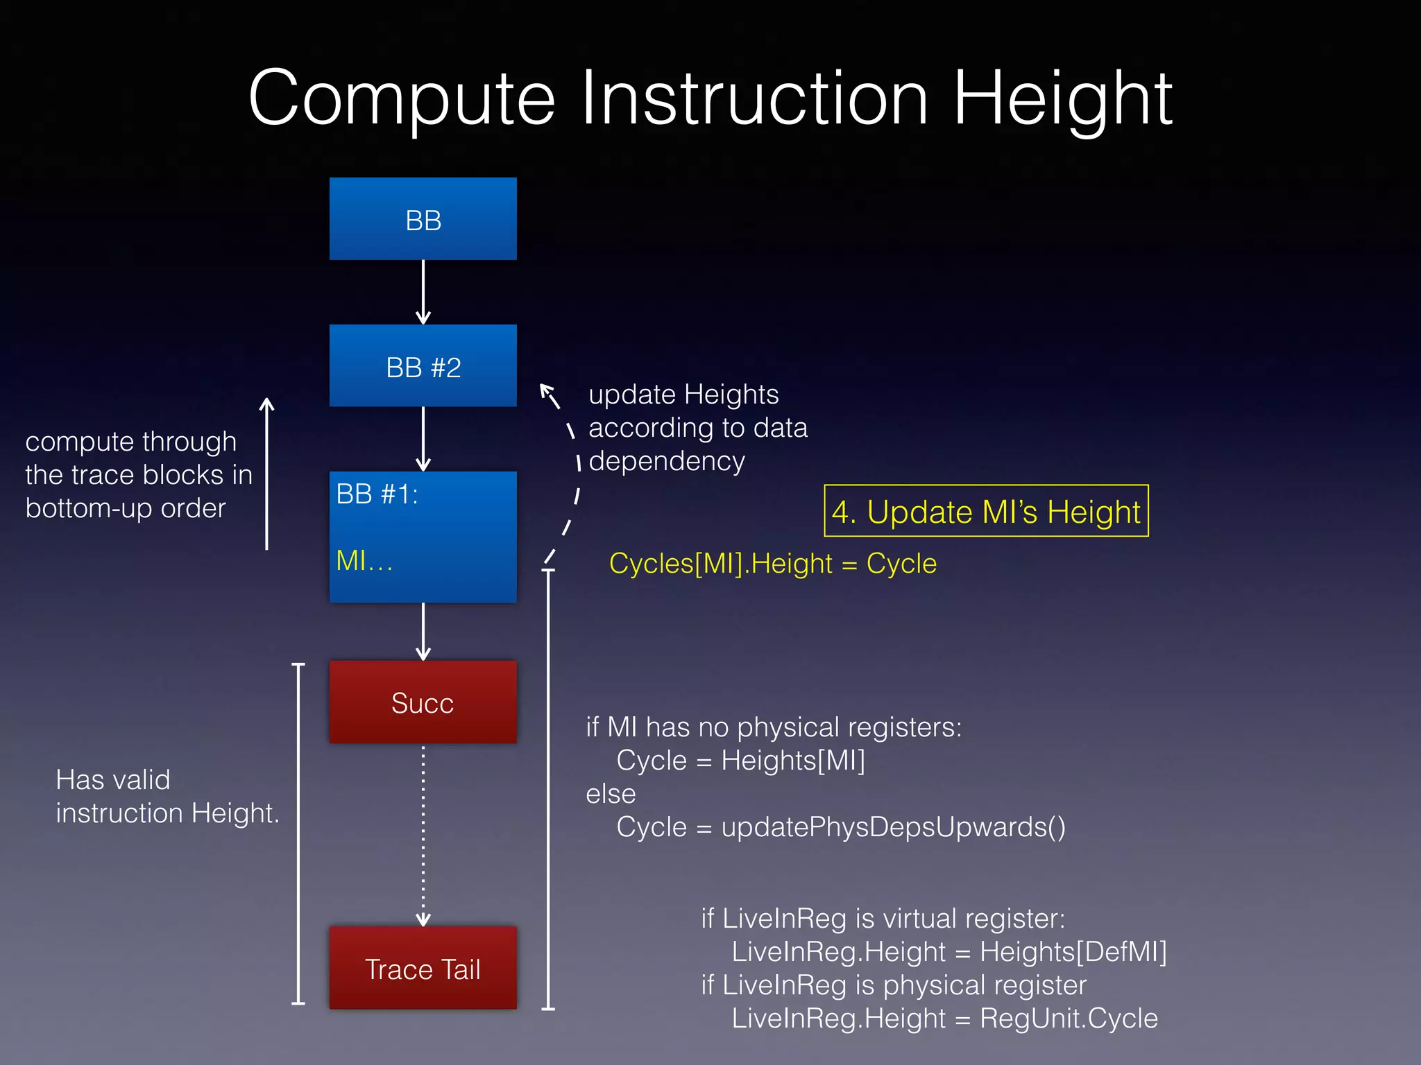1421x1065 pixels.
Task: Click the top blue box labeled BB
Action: point(423,219)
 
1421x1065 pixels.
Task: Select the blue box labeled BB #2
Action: point(423,366)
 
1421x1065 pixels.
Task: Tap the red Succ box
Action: point(423,702)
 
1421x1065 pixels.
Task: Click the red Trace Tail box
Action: point(423,969)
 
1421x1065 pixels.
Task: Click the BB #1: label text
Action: point(377,494)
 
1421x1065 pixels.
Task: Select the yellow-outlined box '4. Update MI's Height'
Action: point(985,512)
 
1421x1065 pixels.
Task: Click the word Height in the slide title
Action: point(1062,98)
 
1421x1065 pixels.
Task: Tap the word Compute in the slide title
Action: point(402,98)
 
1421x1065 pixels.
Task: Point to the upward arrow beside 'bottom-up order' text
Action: point(267,474)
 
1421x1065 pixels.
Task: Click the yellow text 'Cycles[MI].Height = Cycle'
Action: point(772,564)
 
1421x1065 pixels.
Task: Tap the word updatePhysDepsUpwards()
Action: point(893,827)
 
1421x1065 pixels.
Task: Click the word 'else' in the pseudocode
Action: point(611,794)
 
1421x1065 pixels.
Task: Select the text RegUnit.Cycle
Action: point(1069,1019)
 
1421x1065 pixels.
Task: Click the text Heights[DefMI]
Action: point(1073,952)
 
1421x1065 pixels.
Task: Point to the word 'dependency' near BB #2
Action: point(667,462)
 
